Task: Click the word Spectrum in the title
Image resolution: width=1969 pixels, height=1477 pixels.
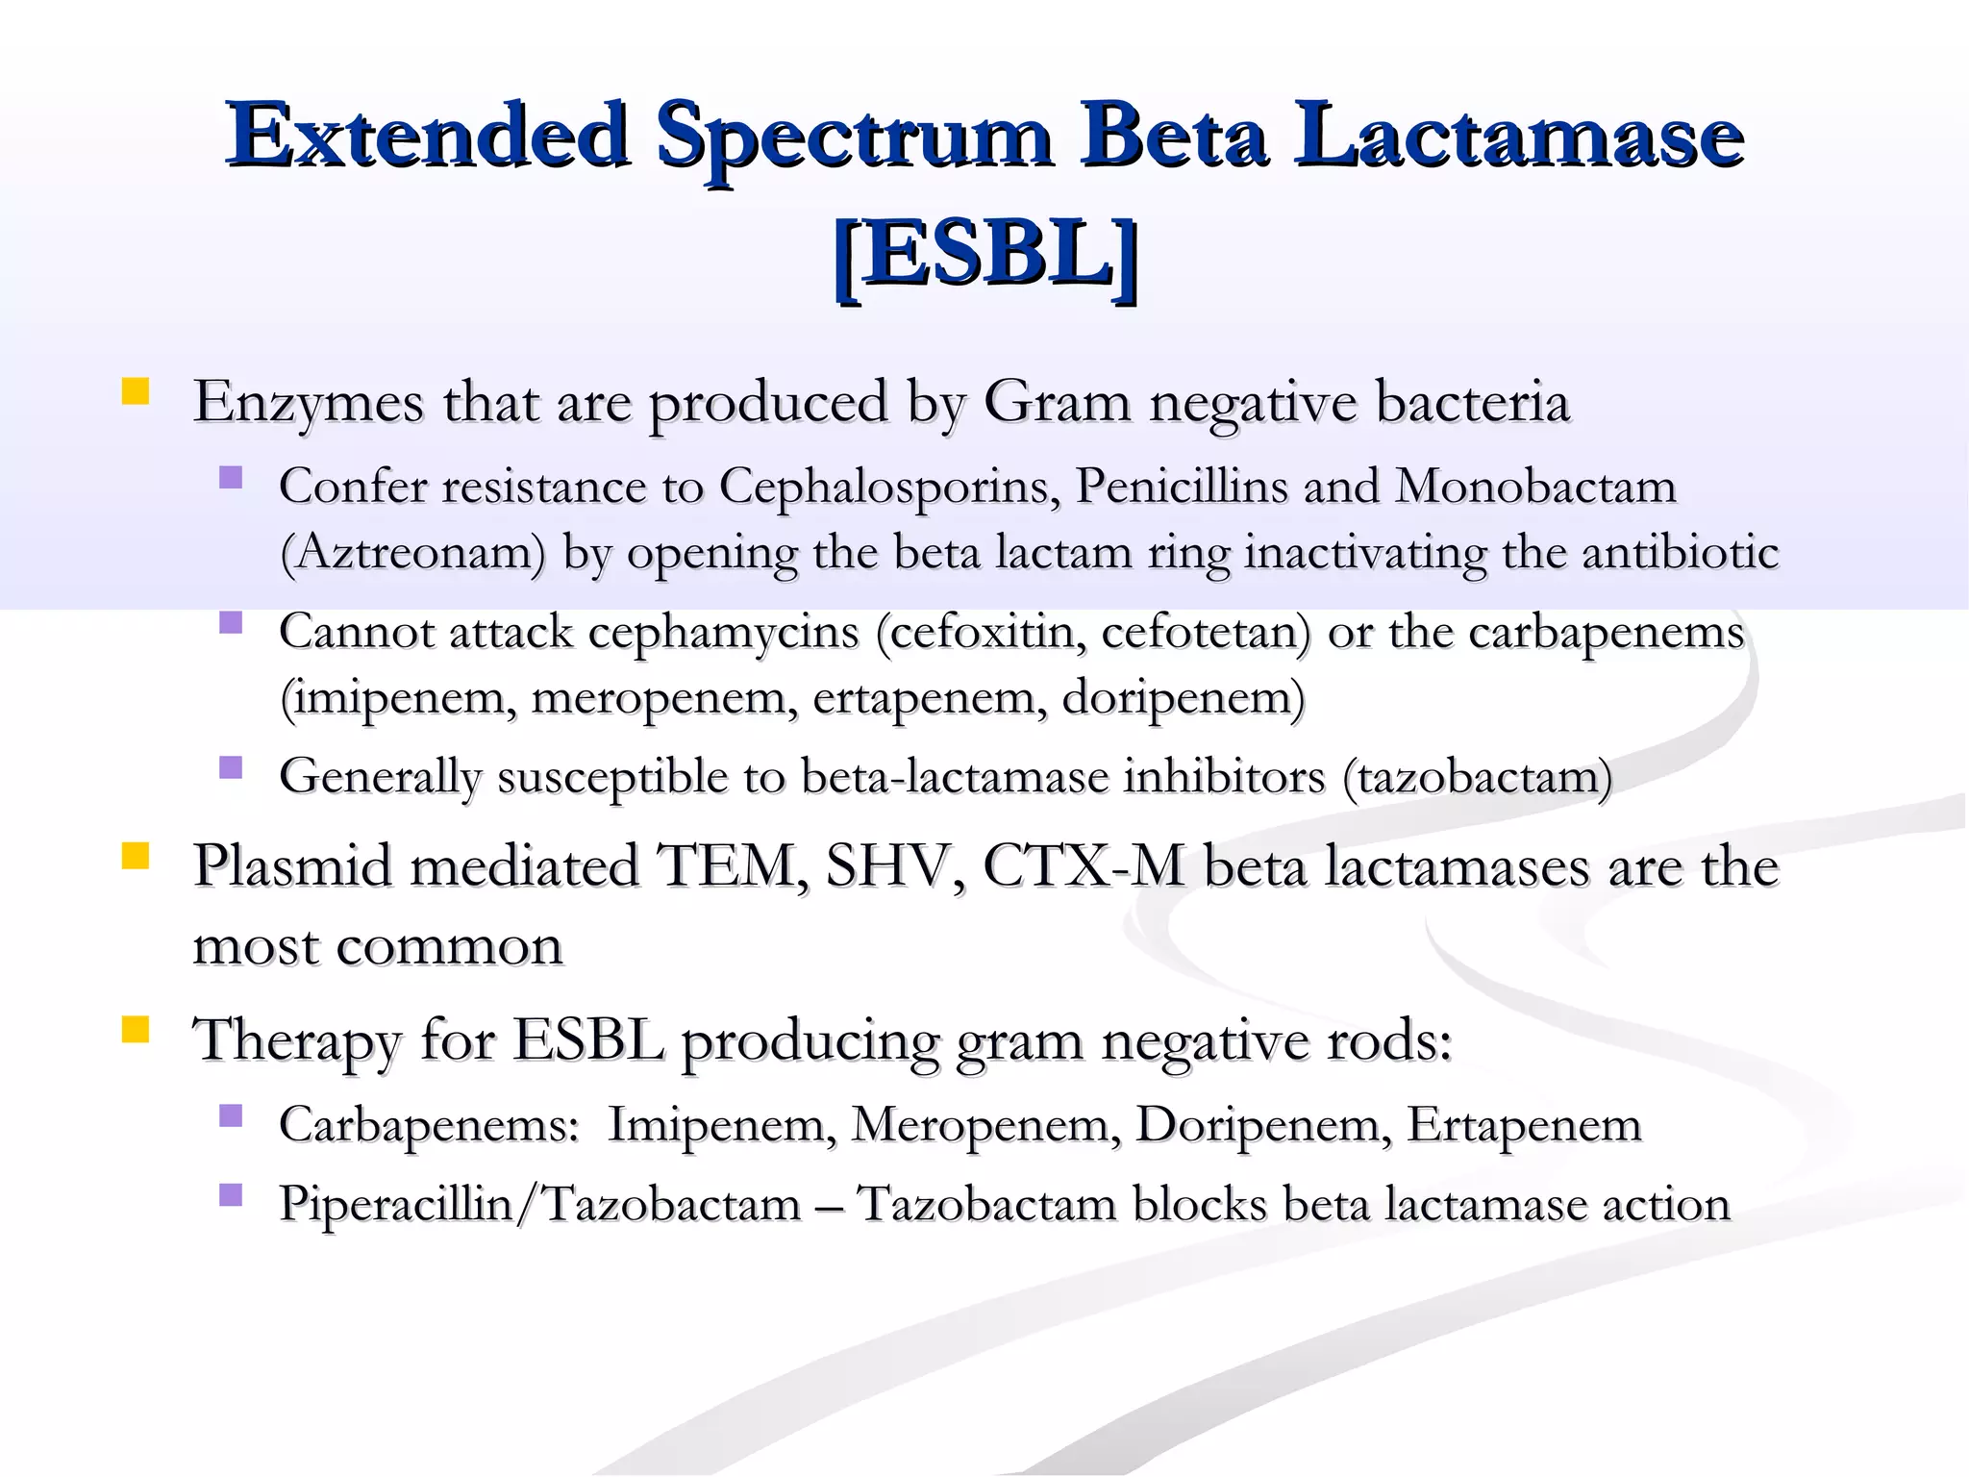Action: tap(855, 137)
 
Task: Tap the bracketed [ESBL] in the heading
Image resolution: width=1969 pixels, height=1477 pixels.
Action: tap(985, 255)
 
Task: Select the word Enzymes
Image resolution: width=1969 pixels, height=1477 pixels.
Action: tap(308, 402)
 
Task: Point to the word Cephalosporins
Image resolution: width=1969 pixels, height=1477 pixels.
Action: tap(889, 487)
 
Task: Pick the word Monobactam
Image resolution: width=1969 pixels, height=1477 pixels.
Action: tap(1535, 487)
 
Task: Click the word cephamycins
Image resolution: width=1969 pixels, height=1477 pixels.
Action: tap(723, 633)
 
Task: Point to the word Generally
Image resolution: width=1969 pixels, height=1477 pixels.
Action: tap(380, 777)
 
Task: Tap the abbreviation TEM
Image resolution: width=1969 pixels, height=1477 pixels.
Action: tap(730, 866)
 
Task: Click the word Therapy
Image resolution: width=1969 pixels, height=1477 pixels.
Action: tap(296, 1041)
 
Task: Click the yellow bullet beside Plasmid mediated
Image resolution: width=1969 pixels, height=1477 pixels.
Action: tap(136, 855)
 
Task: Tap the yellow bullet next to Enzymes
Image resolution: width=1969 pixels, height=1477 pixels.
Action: tap(136, 391)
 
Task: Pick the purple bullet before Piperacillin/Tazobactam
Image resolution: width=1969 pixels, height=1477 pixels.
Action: tap(231, 1194)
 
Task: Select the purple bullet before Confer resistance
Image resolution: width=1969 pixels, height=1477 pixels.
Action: tap(231, 477)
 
